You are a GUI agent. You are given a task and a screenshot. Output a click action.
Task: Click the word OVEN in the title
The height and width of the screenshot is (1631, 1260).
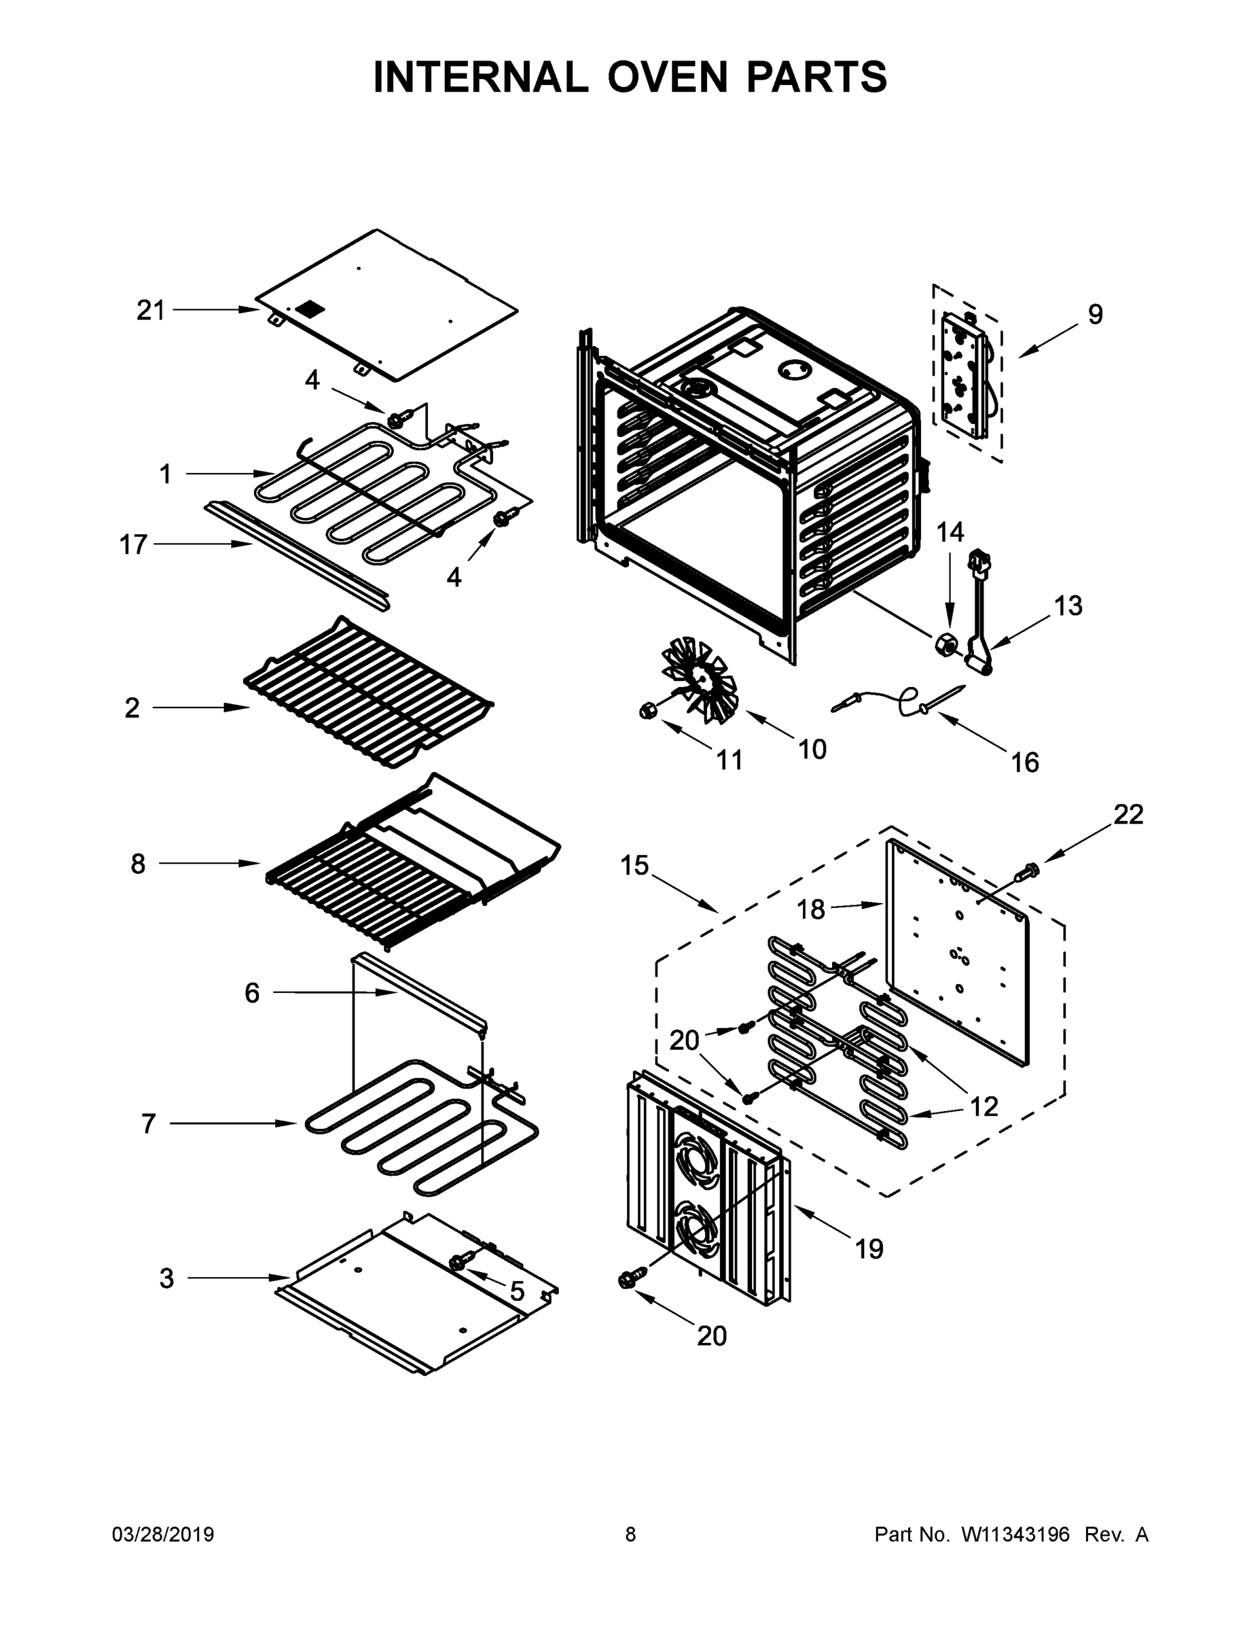click(x=666, y=77)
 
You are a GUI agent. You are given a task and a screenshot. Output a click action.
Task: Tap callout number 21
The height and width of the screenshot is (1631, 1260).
click(x=150, y=309)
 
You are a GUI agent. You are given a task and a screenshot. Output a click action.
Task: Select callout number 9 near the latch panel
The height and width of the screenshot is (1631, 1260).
click(x=1094, y=315)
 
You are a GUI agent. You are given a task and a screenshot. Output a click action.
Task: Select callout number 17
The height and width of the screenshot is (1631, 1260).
click(x=134, y=544)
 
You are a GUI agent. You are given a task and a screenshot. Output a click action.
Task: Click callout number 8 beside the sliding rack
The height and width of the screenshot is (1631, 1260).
click(x=138, y=863)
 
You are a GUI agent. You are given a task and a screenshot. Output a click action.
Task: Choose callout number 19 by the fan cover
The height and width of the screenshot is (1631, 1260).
click(x=869, y=1248)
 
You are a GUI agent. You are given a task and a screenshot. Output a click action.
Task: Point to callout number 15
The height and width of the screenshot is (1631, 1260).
click(x=634, y=866)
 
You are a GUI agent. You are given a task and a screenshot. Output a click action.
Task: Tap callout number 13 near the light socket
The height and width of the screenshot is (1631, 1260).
click(x=1067, y=605)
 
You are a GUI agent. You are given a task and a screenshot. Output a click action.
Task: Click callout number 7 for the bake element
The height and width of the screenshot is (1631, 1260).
click(x=149, y=1123)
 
